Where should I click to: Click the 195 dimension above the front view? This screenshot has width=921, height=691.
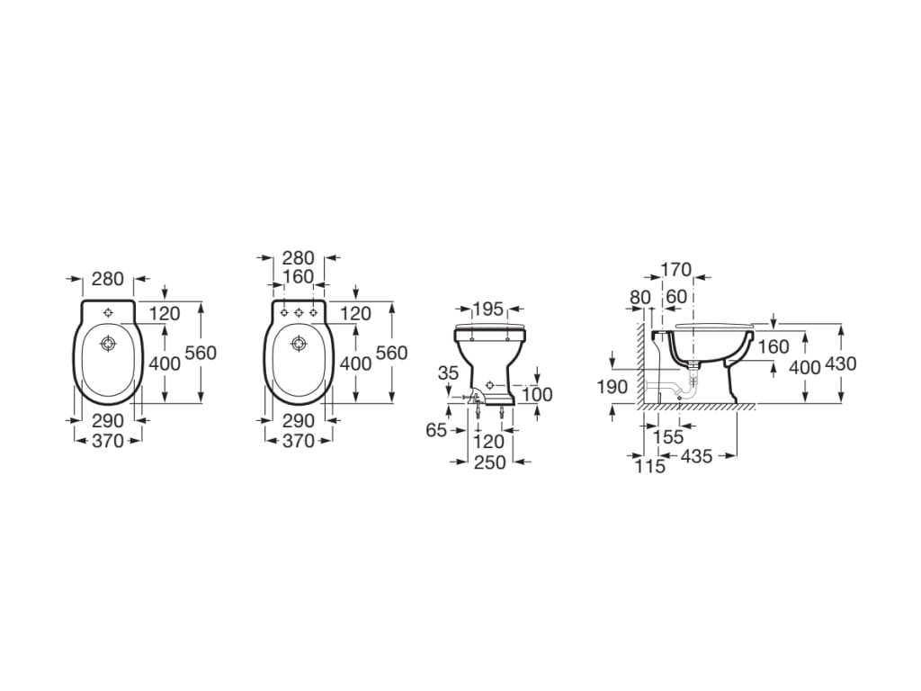coord(488,308)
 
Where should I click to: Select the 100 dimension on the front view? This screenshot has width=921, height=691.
coord(537,394)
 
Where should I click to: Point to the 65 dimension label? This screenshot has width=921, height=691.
coord(436,430)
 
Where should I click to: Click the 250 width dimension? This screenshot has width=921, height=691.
coord(489,462)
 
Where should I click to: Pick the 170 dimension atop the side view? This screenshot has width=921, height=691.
coord(676,270)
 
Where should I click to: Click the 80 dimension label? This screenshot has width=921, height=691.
coord(640,297)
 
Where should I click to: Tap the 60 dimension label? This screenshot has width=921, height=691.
coord(676,297)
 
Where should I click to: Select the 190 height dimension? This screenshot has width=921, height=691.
coord(613,387)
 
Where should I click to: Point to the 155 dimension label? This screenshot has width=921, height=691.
coord(668,436)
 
